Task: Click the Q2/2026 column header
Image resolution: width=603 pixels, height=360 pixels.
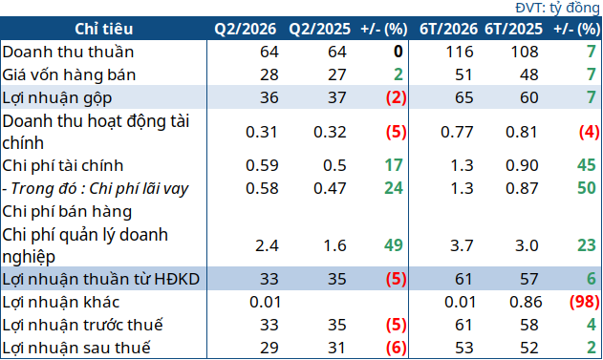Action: click(246, 29)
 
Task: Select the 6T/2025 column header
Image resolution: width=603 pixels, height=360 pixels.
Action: click(513, 29)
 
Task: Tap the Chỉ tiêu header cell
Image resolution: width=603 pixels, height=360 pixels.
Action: click(104, 29)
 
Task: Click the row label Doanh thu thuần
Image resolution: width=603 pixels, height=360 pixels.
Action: click(68, 52)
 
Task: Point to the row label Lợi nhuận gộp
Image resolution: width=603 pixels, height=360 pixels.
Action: click(57, 98)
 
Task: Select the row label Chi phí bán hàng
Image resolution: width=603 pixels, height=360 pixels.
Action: click(67, 212)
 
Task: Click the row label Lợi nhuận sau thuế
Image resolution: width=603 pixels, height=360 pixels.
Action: click(76, 349)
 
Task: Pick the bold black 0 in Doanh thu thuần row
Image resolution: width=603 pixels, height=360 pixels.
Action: click(398, 52)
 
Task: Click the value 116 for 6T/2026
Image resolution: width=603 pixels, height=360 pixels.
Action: click(460, 52)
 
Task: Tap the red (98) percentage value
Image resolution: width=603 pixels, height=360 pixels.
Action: click(585, 302)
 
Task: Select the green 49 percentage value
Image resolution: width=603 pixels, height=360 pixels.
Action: click(394, 245)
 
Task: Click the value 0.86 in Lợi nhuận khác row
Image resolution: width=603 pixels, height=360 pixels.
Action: click(526, 302)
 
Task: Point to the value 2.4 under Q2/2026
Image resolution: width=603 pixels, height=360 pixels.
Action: click(267, 245)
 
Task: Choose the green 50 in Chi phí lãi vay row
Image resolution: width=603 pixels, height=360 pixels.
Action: click(587, 188)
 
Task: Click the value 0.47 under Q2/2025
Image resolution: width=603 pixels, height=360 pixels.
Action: click(330, 188)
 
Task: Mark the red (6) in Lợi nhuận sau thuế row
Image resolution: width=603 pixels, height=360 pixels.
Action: click(396, 349)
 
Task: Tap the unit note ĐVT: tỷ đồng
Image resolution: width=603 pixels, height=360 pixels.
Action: click(557, 8)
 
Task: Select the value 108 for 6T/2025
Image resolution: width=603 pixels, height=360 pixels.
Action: click(525, 52)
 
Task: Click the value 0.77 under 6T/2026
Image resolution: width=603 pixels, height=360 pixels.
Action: click(457, 132)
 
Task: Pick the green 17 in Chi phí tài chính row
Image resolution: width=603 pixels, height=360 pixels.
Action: click(394, 165)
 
